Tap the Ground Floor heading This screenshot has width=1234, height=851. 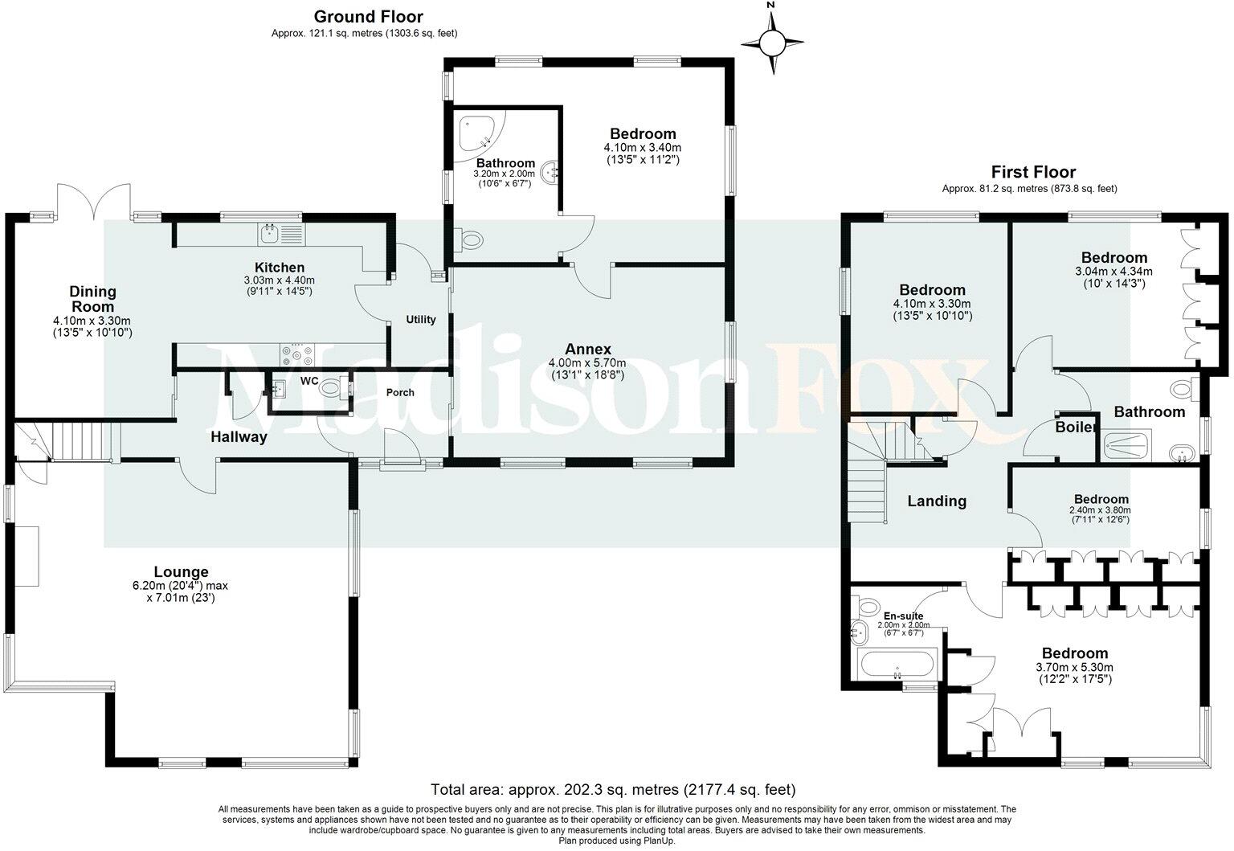coord(368,17)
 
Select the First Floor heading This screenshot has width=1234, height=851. coord(1032,172)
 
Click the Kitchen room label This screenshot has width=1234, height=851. coord(279,268)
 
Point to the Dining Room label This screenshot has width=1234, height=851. coord(92,299)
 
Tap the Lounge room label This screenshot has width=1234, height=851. coord(181,572)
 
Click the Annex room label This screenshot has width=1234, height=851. coord(587,350)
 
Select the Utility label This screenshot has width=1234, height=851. coord(420,320)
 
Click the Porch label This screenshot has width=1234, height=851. coord(400,393)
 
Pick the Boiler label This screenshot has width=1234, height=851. coord(1075,428)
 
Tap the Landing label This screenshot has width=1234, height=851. coord(936,501)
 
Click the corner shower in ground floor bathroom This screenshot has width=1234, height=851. coord(478,133)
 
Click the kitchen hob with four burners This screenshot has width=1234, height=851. coord(296,354)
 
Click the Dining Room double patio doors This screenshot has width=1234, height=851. coord(94,201)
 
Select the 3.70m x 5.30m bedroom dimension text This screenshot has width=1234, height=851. coord(1074,668)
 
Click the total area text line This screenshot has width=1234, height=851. coord(613,789)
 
